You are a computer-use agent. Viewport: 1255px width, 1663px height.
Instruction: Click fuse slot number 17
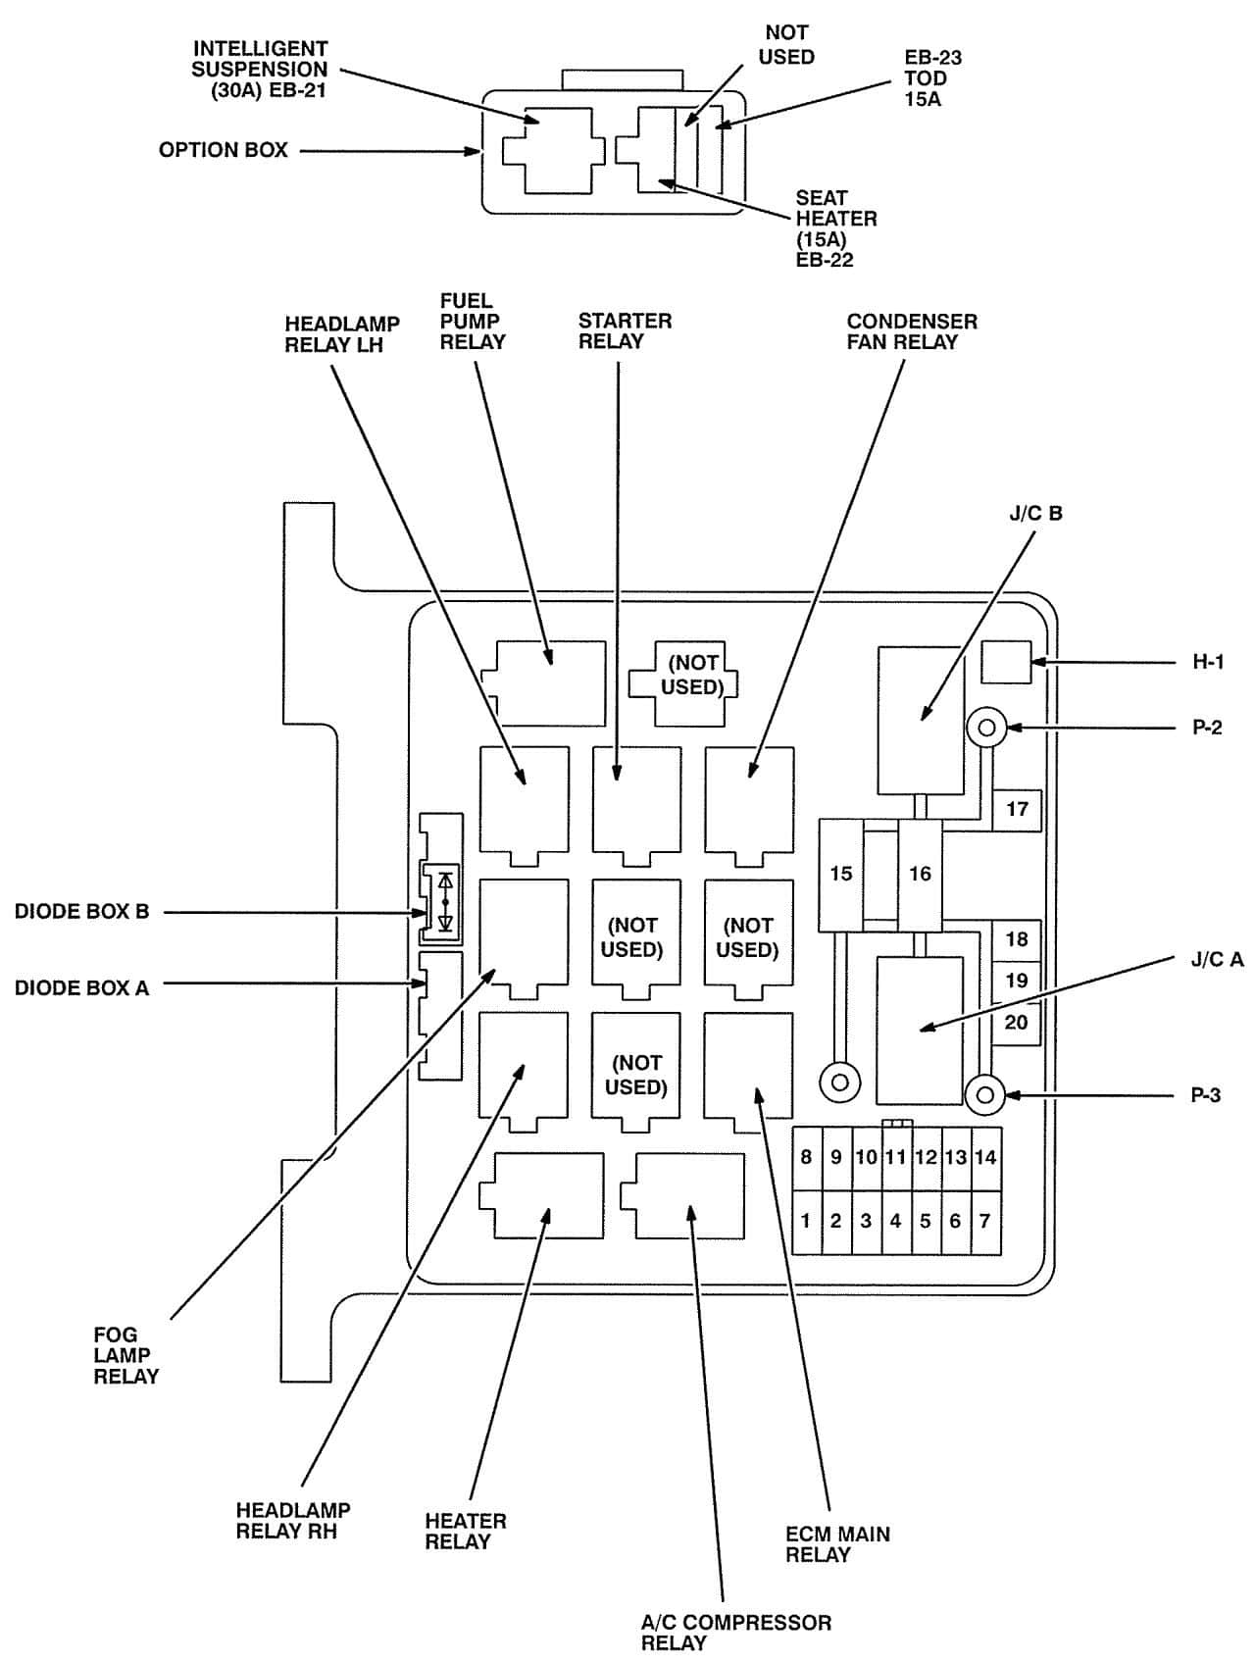point(1017,810)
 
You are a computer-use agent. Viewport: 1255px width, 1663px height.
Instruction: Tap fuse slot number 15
point(841,875)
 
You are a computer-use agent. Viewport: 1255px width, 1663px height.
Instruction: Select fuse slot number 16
point(920,875)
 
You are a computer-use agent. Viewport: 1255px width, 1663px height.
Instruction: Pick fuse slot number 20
point(1017,1023)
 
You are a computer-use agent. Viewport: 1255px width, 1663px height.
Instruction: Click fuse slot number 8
point(807,1158)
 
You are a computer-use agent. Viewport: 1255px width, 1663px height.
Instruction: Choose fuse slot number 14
point(985,1158)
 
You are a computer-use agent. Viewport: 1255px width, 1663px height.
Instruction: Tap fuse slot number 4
point(895,1222)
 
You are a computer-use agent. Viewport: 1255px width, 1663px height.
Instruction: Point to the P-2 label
point(1207,728)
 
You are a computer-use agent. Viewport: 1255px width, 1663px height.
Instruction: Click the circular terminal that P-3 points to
point(985,1095)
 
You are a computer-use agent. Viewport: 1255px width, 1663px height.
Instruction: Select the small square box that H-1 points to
point(1006,662)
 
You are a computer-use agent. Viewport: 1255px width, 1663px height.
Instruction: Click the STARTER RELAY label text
point(625,331)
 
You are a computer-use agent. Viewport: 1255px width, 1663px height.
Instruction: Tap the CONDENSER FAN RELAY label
point(912,331)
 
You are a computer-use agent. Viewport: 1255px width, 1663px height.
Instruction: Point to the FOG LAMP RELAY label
point(125,1355)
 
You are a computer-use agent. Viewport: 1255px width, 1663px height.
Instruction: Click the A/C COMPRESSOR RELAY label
point(735,1633)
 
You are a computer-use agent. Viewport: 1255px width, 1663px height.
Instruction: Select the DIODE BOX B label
point(81,912)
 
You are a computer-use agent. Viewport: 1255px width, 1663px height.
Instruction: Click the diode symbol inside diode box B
point(445,901)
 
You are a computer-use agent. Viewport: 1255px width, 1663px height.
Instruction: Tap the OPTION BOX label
point(224,150)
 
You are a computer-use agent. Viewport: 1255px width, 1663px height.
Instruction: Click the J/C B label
point(1035,514)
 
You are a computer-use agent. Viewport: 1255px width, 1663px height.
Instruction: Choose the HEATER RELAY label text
point(465,1532)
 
